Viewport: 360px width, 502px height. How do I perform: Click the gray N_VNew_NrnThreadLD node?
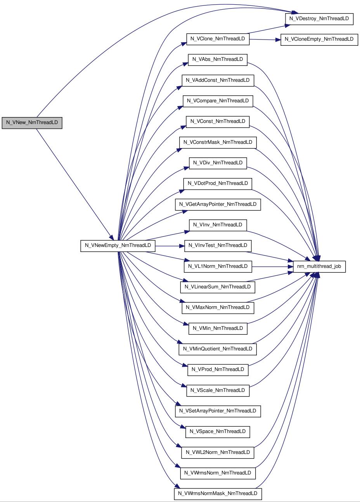[32, 123]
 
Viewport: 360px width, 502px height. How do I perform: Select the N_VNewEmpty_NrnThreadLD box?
[118, 246]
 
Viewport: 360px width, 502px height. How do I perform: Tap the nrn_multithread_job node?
[319, 267]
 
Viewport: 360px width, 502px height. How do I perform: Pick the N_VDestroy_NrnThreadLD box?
[319, 19]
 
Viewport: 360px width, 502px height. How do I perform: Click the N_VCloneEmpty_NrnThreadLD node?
[319, 40]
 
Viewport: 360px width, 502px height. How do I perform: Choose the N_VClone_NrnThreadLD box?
[218, 39]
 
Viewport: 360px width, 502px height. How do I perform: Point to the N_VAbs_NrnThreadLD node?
[218, 60]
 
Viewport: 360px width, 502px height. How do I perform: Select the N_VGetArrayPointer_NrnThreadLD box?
[218, 205]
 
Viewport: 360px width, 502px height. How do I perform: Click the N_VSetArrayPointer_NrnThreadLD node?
[218, 411]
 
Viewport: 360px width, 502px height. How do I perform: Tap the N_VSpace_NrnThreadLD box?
[218, 432]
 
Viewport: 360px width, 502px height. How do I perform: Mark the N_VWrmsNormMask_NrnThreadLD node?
[218, 494]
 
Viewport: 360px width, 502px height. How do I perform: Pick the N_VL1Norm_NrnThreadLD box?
[218, 267]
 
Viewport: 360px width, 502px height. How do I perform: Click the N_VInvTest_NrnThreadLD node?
[218, 246]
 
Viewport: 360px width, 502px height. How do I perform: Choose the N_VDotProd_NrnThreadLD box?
[218, 184]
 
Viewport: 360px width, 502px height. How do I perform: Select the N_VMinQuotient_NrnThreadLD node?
[218, 349]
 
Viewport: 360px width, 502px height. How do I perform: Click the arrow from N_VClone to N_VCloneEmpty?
[265, 40]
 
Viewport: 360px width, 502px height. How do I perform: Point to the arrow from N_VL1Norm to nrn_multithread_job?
[273, 267]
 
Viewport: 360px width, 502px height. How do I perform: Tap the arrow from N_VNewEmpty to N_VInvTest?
[170, 246]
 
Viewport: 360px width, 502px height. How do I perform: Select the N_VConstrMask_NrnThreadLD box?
[218, 143]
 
